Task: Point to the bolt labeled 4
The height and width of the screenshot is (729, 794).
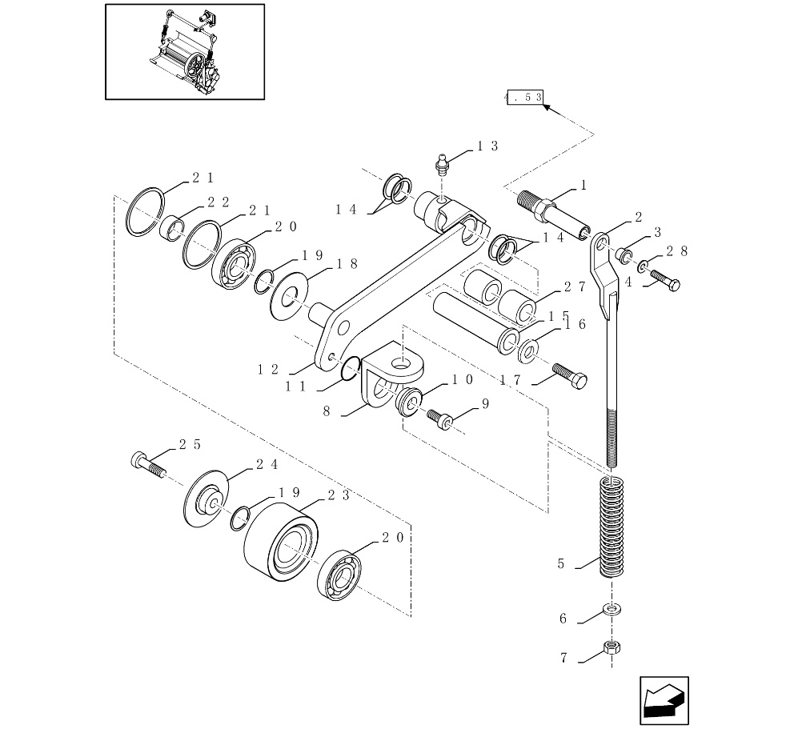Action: pos(666,281)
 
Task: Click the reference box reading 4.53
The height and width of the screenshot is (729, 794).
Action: pos(524,97)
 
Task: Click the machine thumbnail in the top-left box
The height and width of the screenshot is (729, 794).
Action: pos(185,52)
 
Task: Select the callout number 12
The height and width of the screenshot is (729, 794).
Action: pos(267,370)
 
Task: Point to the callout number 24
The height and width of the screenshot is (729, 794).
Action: pos(267,464)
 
